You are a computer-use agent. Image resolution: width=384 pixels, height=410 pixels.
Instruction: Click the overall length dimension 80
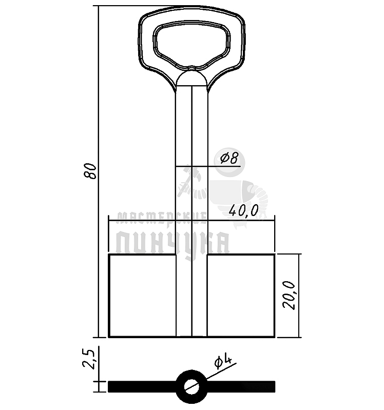(x=90, y=170)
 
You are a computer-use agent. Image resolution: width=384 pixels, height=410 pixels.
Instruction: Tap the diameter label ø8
(x=229, y=158)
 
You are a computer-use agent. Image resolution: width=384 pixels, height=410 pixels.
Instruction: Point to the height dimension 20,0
(x=291, y=295)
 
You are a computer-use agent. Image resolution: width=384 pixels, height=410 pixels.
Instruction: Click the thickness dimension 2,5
(x=90, y=359)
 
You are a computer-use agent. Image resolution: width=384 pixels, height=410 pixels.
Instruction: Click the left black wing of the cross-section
(x=141, y=386)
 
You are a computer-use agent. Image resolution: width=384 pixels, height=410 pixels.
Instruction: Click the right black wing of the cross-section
(x=241, y=386)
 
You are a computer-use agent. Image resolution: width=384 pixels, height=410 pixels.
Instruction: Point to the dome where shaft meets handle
(x=191, y=78)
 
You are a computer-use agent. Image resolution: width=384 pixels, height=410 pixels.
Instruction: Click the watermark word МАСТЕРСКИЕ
(x=161, y=218)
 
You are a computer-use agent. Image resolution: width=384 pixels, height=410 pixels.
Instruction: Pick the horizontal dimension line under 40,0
(x=154, y=221)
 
